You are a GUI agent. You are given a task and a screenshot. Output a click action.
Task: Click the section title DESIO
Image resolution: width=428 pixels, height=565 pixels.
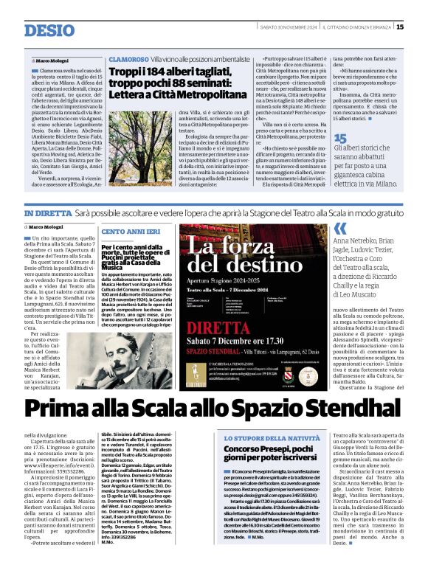[x=49, y=30]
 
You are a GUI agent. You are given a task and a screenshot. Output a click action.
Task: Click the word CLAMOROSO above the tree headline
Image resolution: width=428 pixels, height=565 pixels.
[x=128, y=58]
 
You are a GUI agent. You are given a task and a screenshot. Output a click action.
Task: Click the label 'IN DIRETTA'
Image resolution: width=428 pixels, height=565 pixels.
[x=48, y=212]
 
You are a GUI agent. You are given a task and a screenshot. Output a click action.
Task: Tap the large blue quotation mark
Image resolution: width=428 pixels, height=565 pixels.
[x=340, y=228]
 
